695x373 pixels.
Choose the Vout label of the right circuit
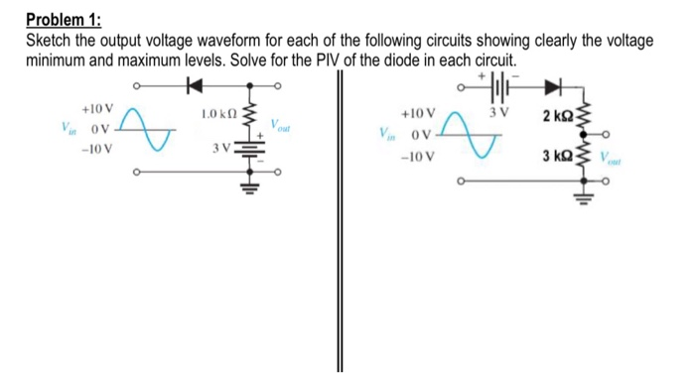(625, 162)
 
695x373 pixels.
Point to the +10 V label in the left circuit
(97, 108)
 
